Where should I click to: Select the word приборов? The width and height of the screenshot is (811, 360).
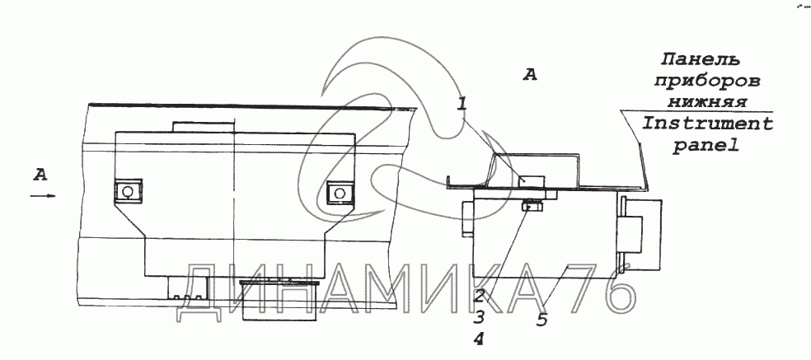point(708,82)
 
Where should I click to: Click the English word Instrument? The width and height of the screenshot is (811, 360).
point(707,124)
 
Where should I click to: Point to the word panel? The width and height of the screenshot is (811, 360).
point(706,147)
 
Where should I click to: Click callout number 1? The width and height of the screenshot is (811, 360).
point(462,104)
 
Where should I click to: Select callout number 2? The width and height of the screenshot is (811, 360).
point(480,296)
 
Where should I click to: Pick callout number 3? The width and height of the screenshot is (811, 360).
point(479,316)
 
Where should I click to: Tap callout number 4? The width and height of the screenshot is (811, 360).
point(479,339)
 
